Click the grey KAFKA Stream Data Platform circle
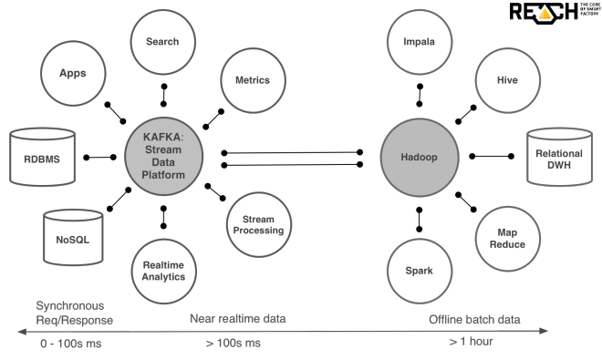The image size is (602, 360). [164, 157]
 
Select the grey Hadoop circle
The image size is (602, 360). [419, 157]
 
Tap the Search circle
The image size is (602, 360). [163, 42]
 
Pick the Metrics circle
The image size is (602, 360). [251, 80]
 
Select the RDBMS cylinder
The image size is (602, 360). [41, 157]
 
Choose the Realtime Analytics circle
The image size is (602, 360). [164, 271]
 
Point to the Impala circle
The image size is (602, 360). [419, 42]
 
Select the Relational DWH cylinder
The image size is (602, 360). [559, 157]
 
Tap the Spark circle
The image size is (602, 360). [419, 271]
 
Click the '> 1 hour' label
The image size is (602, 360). [472, 341]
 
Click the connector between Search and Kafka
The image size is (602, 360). [163, 93]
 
